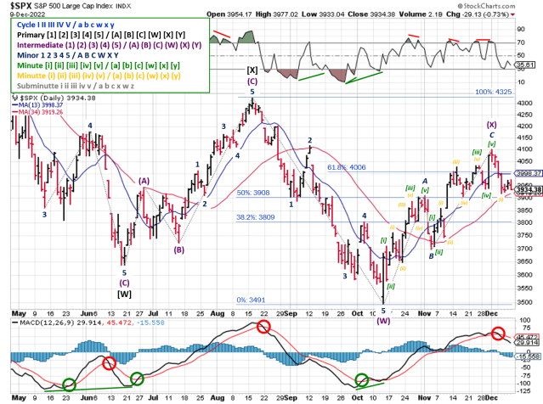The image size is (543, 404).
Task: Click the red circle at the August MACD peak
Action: point(264,327)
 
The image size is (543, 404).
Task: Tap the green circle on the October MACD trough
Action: point(363,380)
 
